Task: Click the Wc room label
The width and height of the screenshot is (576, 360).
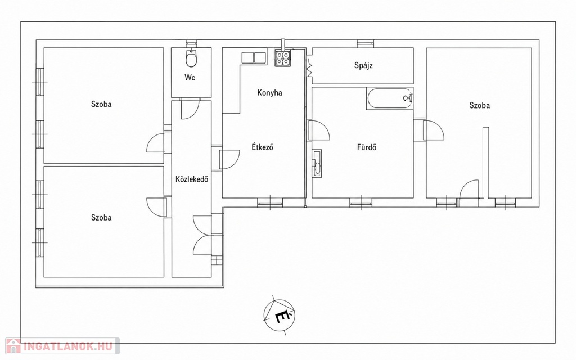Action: click(190, 78)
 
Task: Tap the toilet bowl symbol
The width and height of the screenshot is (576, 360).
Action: click(191, 58)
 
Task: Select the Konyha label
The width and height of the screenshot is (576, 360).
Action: click(269, 93)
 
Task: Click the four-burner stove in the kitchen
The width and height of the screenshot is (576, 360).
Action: click(282, 58)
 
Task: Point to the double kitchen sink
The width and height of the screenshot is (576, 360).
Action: click(254, 58)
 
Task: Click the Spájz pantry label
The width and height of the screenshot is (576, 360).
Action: click(363, 66)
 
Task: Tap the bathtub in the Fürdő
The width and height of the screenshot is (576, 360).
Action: click(390, 98)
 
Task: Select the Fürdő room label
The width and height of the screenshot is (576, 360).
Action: click(367, 147)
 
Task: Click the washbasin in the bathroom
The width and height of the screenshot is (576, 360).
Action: click(317, 164)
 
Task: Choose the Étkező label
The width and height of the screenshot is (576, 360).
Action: click(262, 147)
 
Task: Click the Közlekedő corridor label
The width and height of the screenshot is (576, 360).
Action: click(192, 179)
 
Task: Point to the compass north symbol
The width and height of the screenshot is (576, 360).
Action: click(280, 315)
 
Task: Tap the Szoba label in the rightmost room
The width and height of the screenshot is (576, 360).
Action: click(479, 106)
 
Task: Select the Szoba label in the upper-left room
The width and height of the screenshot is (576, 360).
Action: click(101, 104)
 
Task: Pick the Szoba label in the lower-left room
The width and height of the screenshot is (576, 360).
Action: click(101, 218)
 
